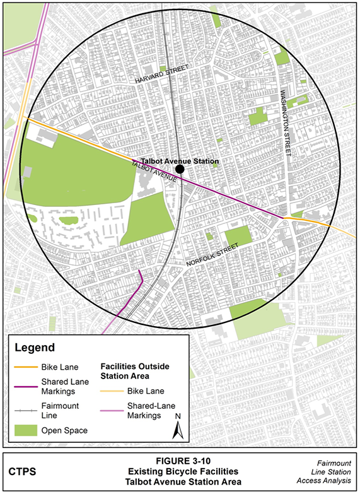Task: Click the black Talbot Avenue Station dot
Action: pyautogui.click(x=180, y=169)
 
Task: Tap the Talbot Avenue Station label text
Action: pyautogui.click(x=177, y=160)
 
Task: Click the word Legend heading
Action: pyautogui.click(x=35, y=348)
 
